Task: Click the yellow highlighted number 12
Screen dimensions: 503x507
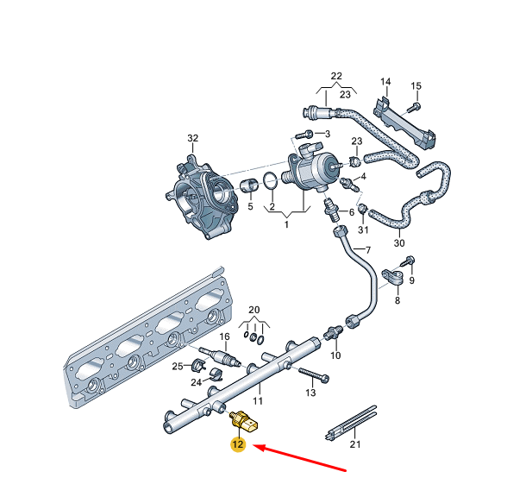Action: pyautogui.click(x=238, y=445)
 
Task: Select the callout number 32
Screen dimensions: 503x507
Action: pyautogui.click(x=192, y=138)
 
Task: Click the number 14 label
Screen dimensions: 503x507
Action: pyautogui.click(x=385, y=83)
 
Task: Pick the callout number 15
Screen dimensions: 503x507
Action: pyautogui.click(x=416, y=85)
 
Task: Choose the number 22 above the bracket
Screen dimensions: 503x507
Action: pyautogui.click(x=335, y=76)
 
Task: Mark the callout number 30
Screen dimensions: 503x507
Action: pyautogui.click(x=398, y=243)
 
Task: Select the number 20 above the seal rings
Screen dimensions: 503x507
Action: pyautogui.click(x=253, y=309)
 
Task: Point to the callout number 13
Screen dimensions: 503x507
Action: pyautogui.click(x=311, y=393)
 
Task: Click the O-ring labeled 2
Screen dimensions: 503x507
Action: pyautogui.click(x=269, y=181)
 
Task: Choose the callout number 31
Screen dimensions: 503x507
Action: pyautogui.click(x=363, y=229)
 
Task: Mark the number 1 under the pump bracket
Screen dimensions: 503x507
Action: pyautogui.click(x=288, y=224)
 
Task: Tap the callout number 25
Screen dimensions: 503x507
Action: pyautogui.click(x=177, y=367)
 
